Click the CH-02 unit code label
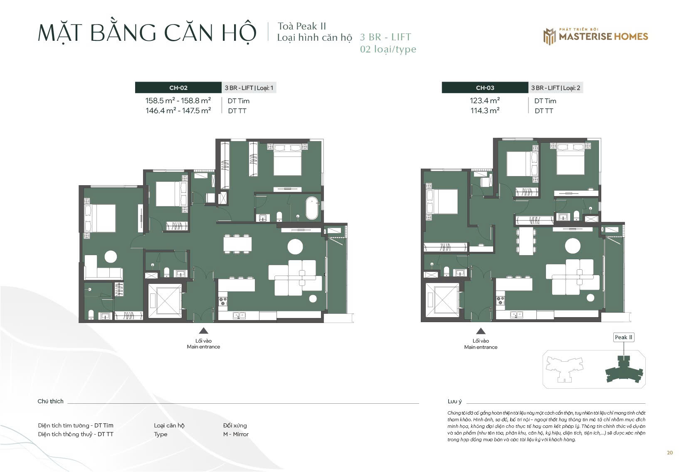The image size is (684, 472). point(178,88)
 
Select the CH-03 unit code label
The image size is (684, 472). point(485,88)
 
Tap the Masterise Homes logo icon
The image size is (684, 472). point(550,37)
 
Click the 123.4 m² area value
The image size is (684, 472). point(485,101)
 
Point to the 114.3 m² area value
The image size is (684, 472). point(485,111)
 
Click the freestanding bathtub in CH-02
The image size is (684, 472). point(312,208)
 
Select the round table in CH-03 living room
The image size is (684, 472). point(573,246)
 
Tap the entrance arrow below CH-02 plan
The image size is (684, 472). point(204,331)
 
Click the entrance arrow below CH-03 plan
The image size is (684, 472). point(481,331)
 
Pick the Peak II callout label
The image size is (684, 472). point(624,337)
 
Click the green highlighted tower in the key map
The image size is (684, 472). point(624,370)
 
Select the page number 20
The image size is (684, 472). point(670,453)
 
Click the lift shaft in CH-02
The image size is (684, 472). point(165,301)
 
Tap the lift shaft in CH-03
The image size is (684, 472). point(442,300)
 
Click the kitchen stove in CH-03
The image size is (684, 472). point(500,301)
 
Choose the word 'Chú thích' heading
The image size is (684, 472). point(50,401)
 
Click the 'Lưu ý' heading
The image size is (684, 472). point(454,401)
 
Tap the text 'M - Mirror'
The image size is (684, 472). point(236,434)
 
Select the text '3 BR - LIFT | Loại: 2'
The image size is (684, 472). point(556,88)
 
